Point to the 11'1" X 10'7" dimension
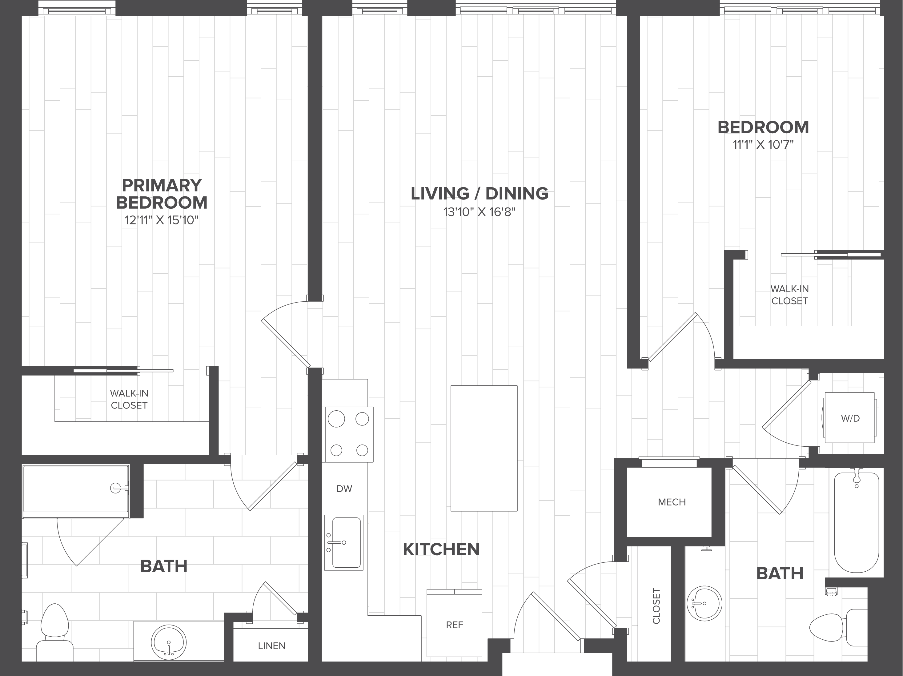[763, 145]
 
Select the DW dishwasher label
[344, 489]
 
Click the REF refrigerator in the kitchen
[454, 624]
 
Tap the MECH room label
[672, 502]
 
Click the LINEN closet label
[271, 646]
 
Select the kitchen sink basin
[346, 542]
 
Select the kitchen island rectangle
[484, 448]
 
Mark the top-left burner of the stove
[336, 419]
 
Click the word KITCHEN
[441, 549]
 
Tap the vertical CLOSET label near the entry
[656, 606]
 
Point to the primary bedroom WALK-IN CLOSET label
[129, 399]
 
